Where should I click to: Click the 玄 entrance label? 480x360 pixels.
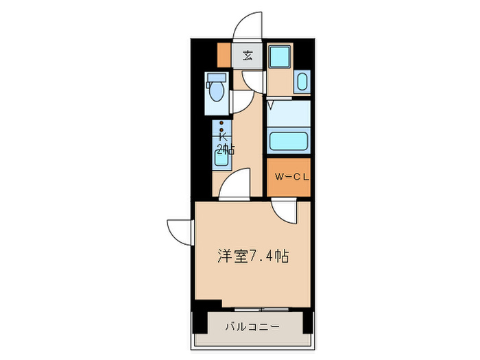coord(248,56)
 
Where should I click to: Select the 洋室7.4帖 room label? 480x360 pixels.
coord(253,256)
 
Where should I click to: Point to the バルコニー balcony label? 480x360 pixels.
coord(252,327)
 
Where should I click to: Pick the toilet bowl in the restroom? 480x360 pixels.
coord(216,90)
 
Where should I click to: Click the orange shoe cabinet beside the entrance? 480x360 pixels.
coord(223,54)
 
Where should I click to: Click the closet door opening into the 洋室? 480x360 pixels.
coord(284,212)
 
